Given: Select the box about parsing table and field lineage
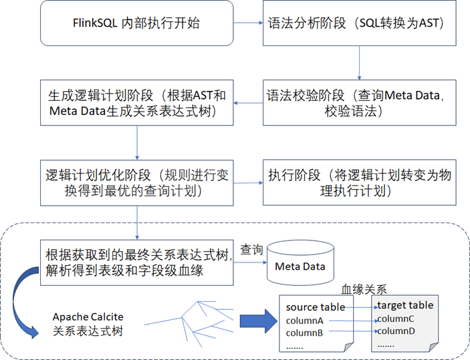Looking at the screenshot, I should tap(136, 262).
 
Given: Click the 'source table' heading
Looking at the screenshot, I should tap(316, 307).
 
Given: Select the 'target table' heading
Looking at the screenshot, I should tap(405, 305).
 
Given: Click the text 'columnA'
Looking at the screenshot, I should tap(305, 321).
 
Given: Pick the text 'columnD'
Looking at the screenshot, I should tap(395, 331).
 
